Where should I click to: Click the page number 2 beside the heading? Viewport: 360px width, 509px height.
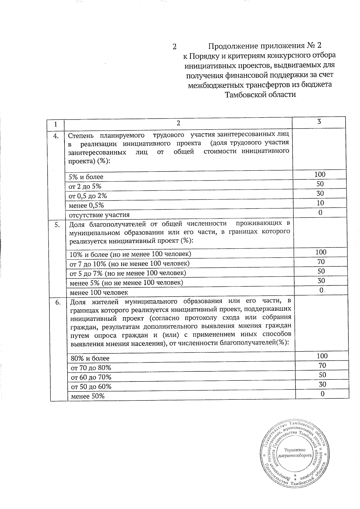174,46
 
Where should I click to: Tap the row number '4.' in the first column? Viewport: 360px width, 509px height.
56,136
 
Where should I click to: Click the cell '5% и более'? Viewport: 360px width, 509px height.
86,177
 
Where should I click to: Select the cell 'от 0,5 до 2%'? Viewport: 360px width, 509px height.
88,196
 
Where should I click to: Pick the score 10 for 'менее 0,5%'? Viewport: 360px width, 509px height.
320,203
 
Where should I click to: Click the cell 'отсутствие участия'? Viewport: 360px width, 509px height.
99,215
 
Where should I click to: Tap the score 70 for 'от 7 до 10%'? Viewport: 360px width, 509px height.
321,262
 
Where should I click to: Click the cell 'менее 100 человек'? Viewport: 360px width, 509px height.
99,292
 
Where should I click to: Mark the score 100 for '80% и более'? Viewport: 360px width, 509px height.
322,356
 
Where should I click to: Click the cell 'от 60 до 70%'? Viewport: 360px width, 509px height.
91,377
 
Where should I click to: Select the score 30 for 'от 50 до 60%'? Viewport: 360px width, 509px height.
322,385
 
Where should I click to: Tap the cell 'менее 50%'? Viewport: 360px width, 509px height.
87,396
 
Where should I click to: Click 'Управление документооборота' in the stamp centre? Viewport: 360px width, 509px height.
295,453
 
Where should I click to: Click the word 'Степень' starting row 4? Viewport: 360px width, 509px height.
79,136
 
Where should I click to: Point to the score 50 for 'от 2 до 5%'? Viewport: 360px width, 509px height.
320,184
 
